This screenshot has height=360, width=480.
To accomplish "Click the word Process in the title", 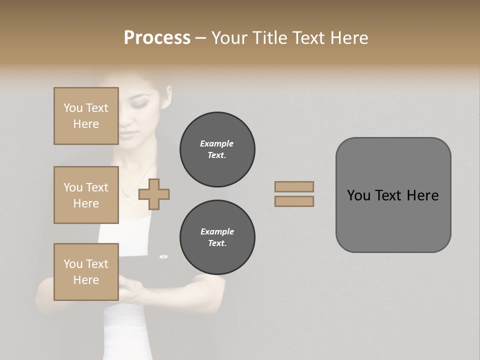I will pos(157,38).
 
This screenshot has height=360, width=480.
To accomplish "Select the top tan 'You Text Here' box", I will pos(86,116).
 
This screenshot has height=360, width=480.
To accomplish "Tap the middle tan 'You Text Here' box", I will pos(86,195).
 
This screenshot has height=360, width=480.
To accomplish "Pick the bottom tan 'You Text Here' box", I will pos(86,271).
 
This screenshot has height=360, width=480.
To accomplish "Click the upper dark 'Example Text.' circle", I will pos(217,149).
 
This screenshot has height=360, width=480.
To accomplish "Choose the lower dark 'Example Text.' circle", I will pos(217,237).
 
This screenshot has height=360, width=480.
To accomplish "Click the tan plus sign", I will pos(154,193).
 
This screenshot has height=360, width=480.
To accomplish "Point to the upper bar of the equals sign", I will pos(294,186).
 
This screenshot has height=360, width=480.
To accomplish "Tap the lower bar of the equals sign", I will pos(294,201).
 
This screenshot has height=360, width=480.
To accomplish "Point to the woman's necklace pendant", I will pos(127,199).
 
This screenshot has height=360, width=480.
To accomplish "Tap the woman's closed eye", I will pos(140,105).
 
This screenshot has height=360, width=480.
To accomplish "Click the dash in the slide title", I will pos(200,38).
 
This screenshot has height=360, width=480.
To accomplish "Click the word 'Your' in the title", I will pos(230,38).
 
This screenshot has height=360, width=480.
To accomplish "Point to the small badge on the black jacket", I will pos(163,256).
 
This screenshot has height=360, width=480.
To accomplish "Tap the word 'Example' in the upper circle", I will pos(217,143).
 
